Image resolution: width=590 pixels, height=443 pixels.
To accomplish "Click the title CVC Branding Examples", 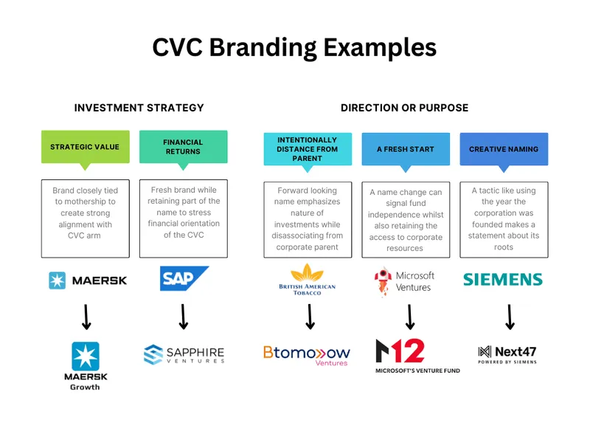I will (294, 47).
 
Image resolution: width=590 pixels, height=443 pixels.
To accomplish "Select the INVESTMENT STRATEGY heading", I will (139, 108).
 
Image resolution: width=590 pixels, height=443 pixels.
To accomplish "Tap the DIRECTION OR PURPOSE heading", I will (404, 108).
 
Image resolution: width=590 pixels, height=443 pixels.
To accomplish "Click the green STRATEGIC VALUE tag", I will (85, 147).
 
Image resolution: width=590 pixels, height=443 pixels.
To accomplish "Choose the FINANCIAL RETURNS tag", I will (183, 147).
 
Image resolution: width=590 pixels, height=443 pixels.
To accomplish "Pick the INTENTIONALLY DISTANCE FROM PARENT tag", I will (307, 148).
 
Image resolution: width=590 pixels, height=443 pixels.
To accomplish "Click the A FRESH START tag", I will (405, 148).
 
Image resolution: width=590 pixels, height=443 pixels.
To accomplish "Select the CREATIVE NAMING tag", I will (504, 148).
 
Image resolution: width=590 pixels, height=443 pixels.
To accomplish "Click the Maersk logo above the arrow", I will (88, 281).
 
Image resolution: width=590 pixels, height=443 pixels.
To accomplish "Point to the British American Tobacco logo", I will (307, 280).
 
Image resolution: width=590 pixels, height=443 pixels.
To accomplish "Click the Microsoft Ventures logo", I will (404, 281).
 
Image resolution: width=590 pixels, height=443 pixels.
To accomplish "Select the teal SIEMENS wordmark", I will (502, 280).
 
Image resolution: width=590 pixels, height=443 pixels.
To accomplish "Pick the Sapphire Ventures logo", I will (184, 355).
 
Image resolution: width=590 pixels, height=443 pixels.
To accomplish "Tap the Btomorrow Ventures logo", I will (307, 354).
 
